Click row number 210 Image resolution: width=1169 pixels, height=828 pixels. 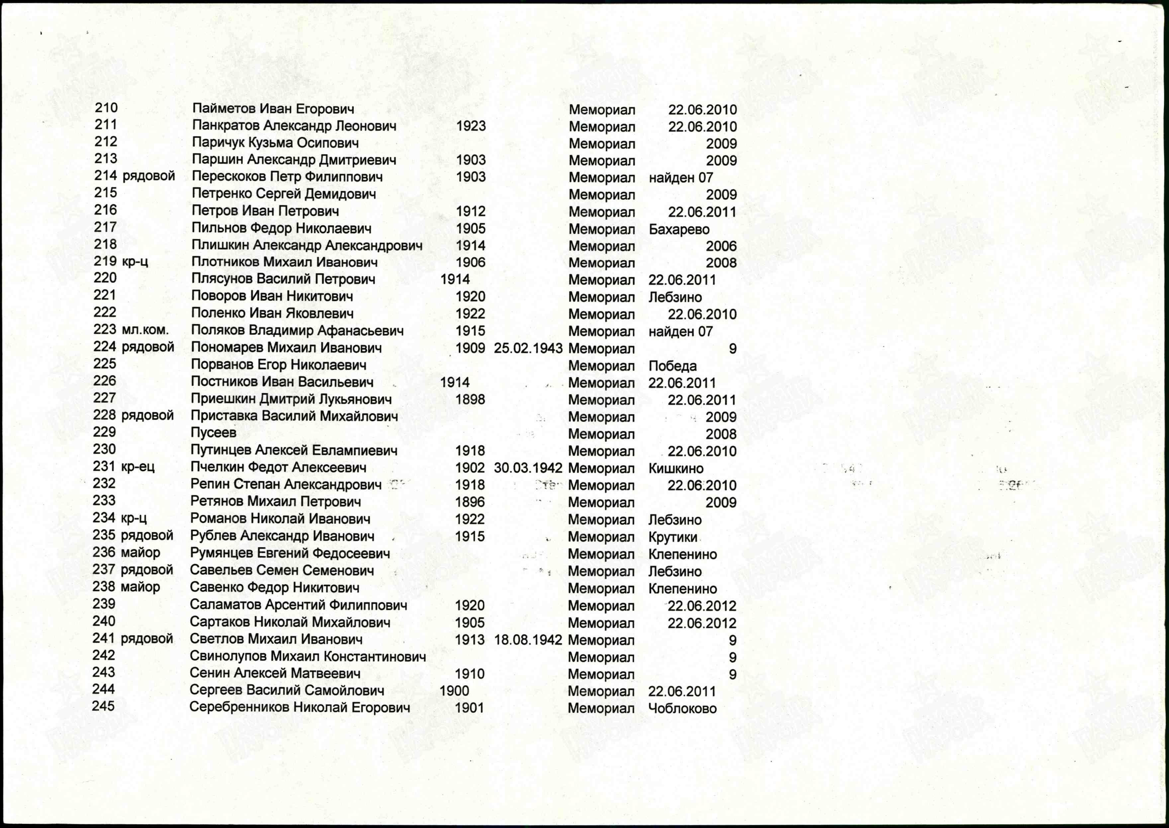pyautogui.click(x=106, y=108)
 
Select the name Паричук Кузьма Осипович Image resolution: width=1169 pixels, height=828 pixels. pyautogui.click(x=275, y=143)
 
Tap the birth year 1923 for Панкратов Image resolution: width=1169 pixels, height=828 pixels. pyautogui.click(x=471, y=126)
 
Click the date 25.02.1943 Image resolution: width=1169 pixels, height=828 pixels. pyautogui.click(x=528, y=348)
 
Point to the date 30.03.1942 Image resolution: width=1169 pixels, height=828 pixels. pyautogui.click(x=528, y=467)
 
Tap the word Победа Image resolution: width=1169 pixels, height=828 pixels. pyautogui.click(x=672, y=365)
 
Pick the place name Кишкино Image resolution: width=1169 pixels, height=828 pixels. pyautogui.click(x=676, y=468)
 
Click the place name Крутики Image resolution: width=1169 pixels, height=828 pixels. pyautogui.click(x=673, y=537)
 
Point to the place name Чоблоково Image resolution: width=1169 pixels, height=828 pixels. pyautogui.click(x=682, y=708)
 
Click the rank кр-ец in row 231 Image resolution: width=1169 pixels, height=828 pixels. pyautogui.click(x=137, y=466)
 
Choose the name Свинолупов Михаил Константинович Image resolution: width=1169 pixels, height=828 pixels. pyautogui.click(x=308, y=656)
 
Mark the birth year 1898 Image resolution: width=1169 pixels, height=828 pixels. pyautogui.click(x=470, y=399)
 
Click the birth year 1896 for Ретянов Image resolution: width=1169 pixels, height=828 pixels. pyautogui.click(x=469, y=502)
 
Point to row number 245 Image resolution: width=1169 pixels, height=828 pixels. pyautogui.click(x=103, y=706)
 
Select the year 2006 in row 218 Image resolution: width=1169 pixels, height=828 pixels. pyautogui.click(x=721, y=246)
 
